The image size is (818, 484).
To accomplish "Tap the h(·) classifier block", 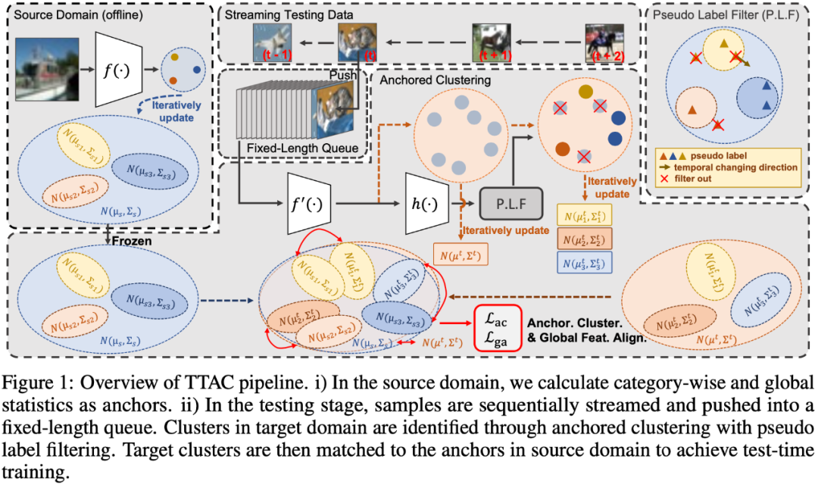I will point(429,203).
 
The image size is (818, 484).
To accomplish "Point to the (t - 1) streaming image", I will point(273,42).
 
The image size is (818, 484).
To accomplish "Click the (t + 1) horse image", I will point(492,42).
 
